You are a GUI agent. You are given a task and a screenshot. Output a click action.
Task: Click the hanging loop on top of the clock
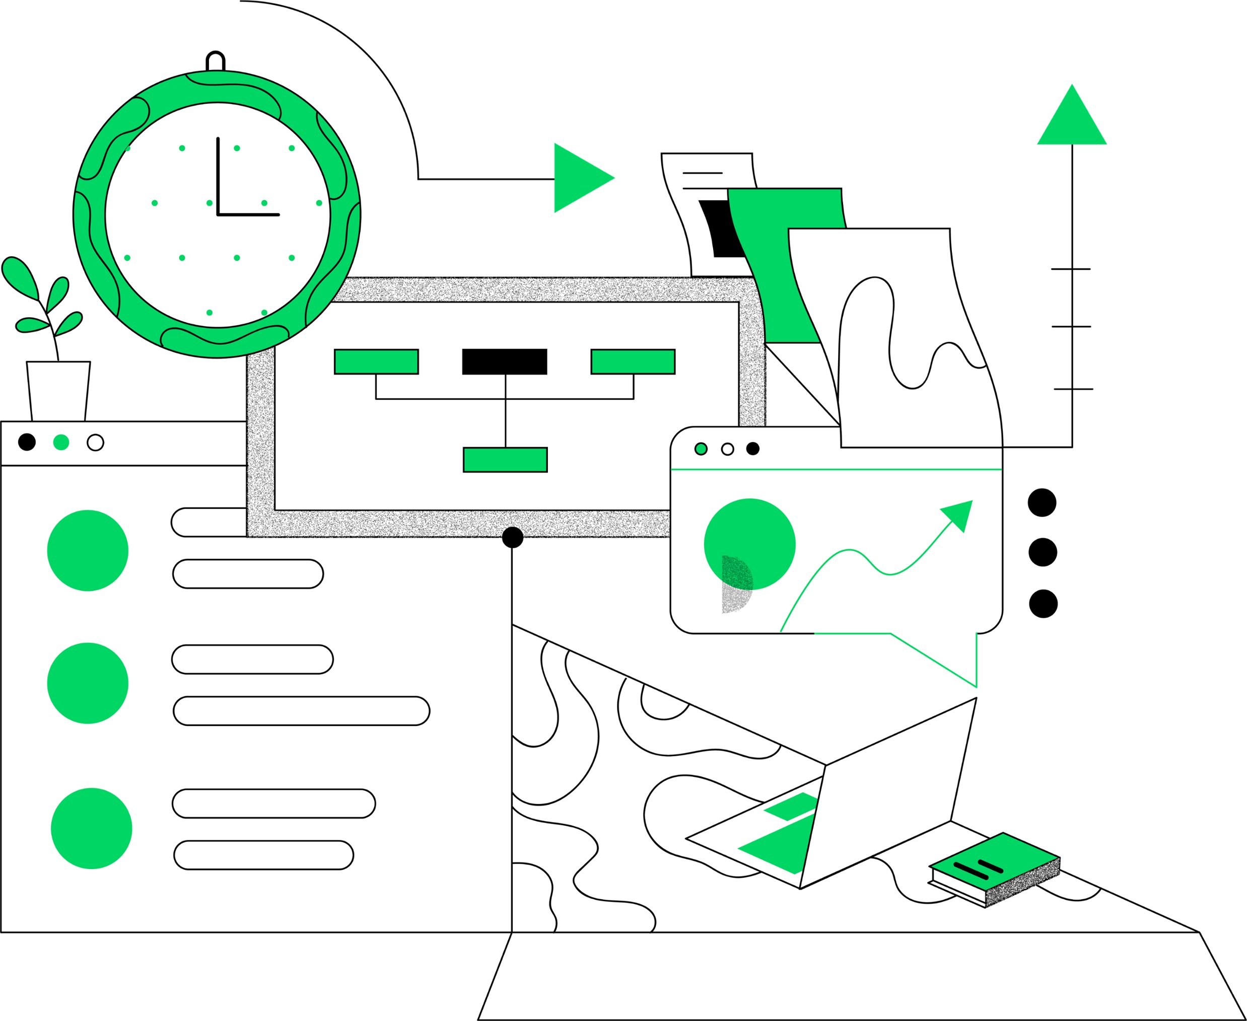click(215, 60)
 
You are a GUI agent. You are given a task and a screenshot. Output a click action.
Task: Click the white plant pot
click(58, 391)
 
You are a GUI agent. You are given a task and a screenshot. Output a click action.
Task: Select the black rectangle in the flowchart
click(505, 361)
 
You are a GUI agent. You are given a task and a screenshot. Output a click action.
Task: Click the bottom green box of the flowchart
click(505, 460)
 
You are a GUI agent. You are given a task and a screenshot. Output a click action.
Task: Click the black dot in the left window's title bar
click(27, 442)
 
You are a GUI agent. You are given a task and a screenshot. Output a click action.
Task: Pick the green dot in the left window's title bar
click(61, 442)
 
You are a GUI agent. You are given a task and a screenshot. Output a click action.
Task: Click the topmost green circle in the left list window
click(88, 550)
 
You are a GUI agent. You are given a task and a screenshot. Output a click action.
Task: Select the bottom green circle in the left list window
click(91, 829)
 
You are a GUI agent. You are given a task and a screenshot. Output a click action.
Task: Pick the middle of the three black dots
click(1043, 552)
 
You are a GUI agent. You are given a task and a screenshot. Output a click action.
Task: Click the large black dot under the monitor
click(512, 537)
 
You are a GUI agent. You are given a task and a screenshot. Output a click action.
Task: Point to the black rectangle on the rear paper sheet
click(721, 229)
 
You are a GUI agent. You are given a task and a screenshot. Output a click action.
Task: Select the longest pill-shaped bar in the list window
click(301, 711)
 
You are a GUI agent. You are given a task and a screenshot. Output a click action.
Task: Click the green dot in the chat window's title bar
click(701, 449)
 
